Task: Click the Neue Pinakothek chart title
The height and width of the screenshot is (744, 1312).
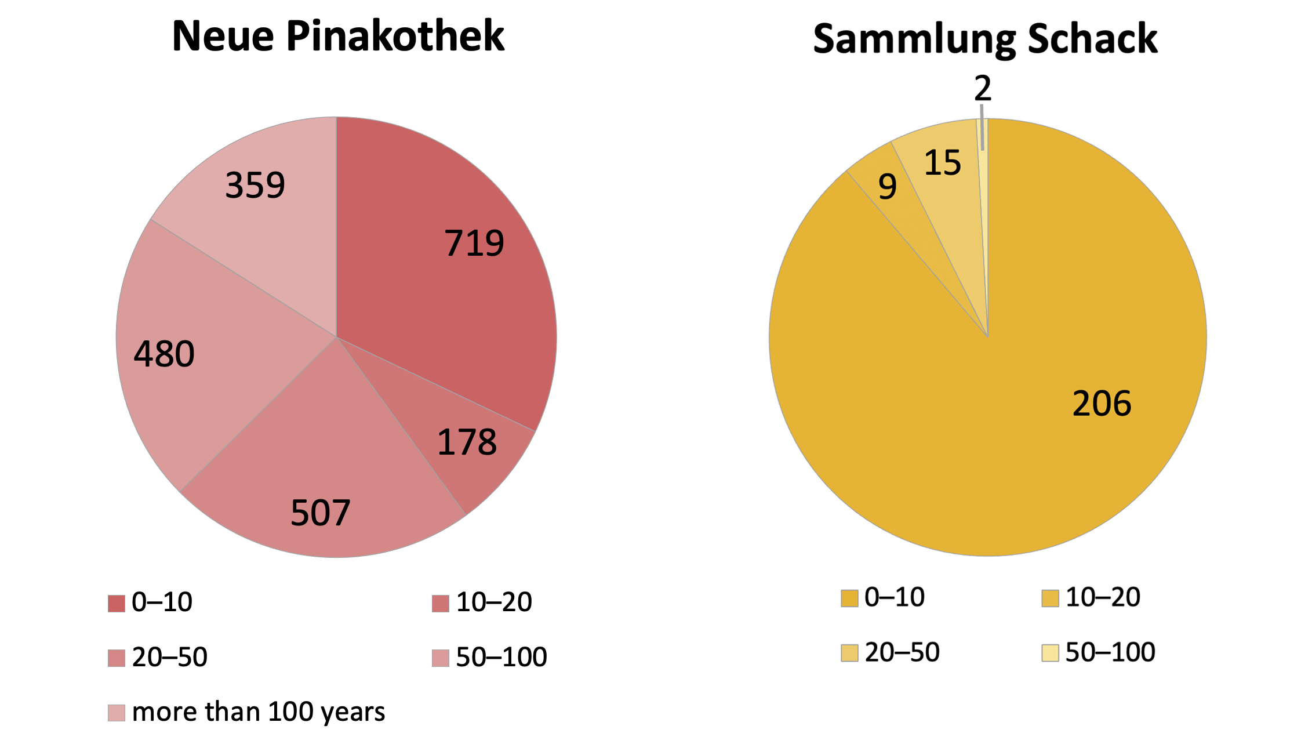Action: [338, 37]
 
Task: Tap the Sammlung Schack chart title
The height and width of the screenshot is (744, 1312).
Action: [985, 39]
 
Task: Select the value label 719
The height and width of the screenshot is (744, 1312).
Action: [474, 243]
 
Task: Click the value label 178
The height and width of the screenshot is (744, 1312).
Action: [467, 442]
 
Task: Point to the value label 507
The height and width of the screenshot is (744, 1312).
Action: [320, 513]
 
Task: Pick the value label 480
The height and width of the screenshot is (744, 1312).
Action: [164, 354]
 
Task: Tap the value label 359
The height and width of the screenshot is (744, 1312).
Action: [255, 186]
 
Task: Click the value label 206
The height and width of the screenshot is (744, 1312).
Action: [1102, 404]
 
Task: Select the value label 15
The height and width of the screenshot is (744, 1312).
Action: [943, 163]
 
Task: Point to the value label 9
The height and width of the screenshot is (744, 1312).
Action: [888, 187]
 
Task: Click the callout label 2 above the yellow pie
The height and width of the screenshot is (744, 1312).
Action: [983, 89]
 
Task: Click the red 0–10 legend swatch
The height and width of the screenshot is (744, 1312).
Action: [117, 604]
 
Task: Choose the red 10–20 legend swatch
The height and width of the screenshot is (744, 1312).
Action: [441, 604]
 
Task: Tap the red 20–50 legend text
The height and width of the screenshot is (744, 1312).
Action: [169, 658]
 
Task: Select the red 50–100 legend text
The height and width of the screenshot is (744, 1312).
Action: [501, 658]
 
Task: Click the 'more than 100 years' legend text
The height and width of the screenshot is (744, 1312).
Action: [259, 712]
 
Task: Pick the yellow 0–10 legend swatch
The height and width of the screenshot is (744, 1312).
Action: [849, 598]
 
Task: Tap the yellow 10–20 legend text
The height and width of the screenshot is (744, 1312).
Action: [1103, 597]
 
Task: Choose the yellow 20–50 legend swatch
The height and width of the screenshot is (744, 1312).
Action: [849, 653]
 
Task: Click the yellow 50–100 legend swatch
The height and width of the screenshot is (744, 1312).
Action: [1050, 653]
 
